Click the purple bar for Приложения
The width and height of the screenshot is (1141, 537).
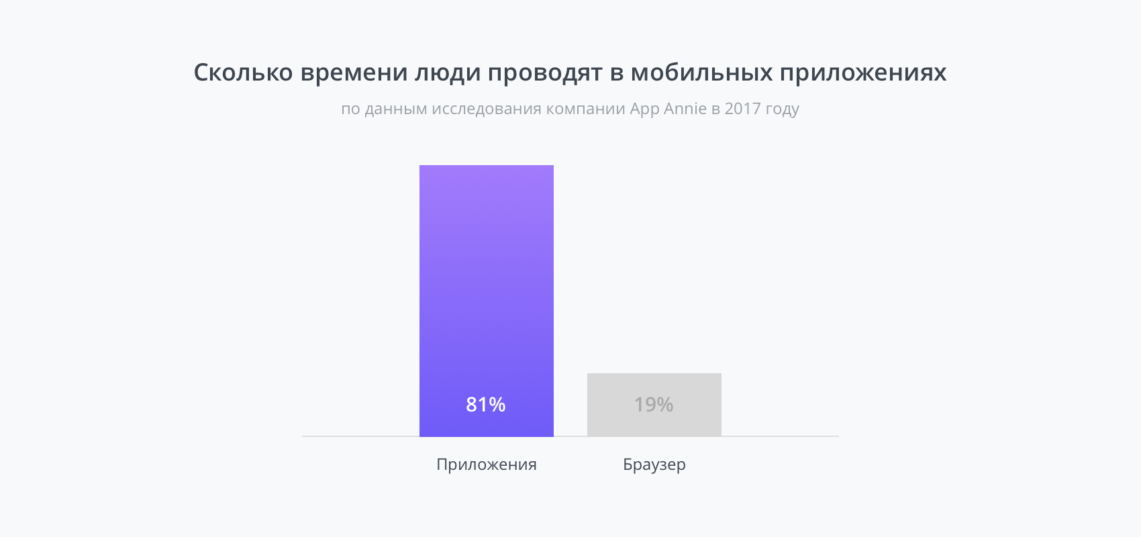coord(486,282)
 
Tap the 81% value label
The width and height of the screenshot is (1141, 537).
coord(485,405)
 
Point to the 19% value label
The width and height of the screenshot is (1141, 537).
coord(654,405)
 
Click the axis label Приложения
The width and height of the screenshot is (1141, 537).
coord(486,465)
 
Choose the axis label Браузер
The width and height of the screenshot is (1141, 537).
coord(654,465)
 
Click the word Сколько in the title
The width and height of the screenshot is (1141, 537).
coord(243,72)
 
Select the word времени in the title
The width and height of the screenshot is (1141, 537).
coord(354,72)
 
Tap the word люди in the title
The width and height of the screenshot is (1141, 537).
coord(447,72)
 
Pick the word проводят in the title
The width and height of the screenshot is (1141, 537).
coord(545,72)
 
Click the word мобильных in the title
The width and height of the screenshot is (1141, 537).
coord(701,72)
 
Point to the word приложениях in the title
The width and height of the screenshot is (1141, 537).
coord(862,72)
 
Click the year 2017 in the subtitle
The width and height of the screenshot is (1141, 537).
coord(742,109)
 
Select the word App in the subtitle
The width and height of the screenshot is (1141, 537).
coord(644,109)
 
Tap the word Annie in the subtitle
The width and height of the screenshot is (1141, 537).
coord(685,109)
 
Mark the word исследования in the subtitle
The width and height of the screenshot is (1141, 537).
coord(486,109)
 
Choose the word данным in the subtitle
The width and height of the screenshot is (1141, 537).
coord(396,109)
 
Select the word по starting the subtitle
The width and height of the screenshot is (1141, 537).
coord(350,109)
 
